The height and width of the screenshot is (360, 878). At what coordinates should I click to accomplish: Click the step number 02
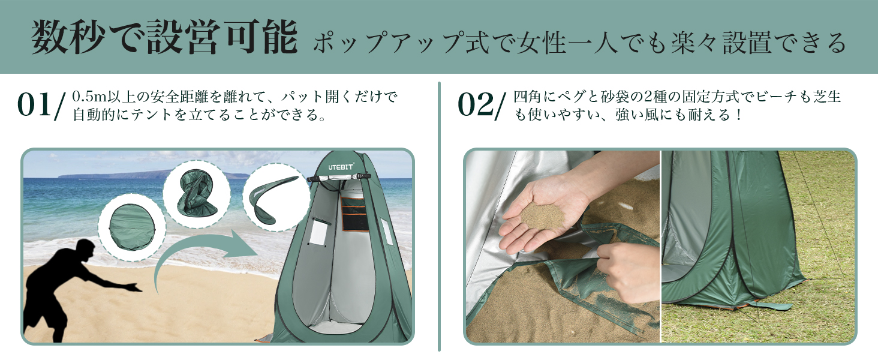475,105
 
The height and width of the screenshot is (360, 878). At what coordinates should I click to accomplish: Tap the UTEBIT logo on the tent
341,166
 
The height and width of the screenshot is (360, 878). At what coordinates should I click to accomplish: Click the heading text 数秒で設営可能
165,39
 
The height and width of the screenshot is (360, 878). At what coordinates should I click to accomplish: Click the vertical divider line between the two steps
439,216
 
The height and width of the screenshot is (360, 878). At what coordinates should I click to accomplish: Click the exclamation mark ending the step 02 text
737,114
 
